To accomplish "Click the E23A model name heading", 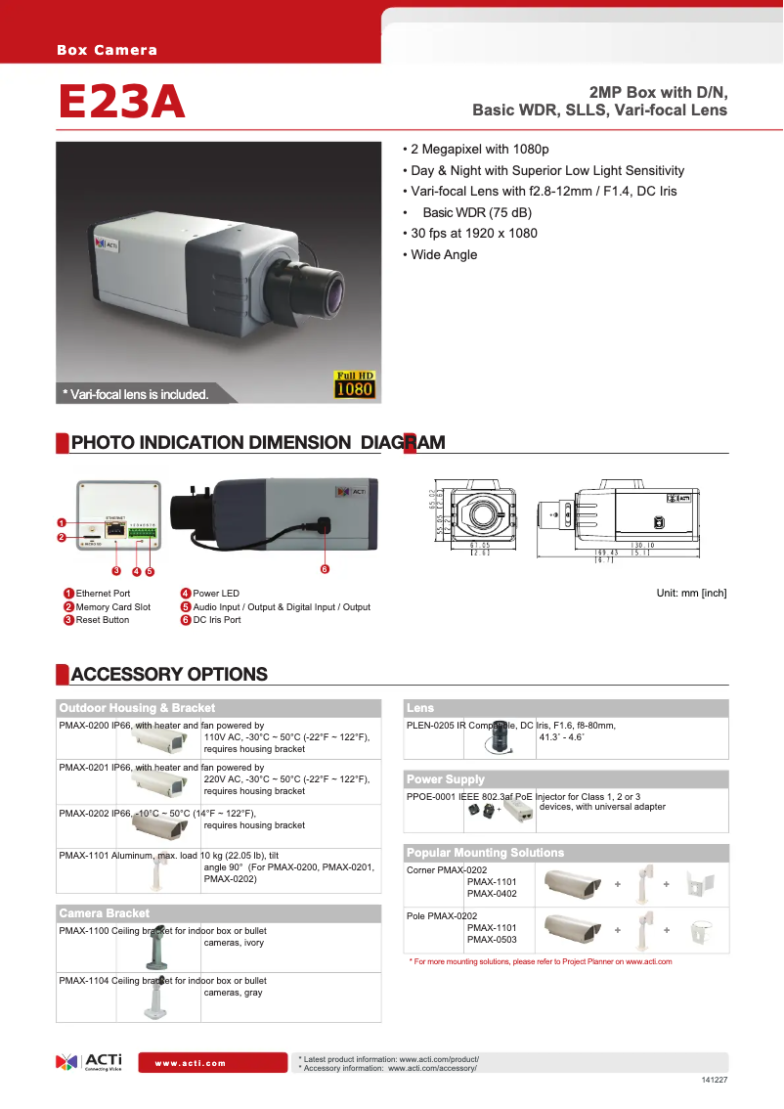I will [x=121, y=102].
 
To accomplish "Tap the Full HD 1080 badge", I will [x=355, y=384].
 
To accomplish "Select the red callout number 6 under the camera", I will [x=325, y=569].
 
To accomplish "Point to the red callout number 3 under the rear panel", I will [x=116, y=570].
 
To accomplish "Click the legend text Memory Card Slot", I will [x=112, y=606].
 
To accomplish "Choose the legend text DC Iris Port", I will [x=217, y=620].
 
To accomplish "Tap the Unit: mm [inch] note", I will [x=691, y=594].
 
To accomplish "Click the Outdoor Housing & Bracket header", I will [x=137, y=708].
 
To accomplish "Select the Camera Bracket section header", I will [x=105, y=913].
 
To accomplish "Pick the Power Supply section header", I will [x=446, y=779].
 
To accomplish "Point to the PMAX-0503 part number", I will [x=491, y=940].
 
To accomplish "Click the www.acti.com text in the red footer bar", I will [x=191, y=1063].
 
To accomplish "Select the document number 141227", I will [x=715, y=1080].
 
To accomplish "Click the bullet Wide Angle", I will [x=444, y=254].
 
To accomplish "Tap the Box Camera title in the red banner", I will [x=107, y=50].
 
